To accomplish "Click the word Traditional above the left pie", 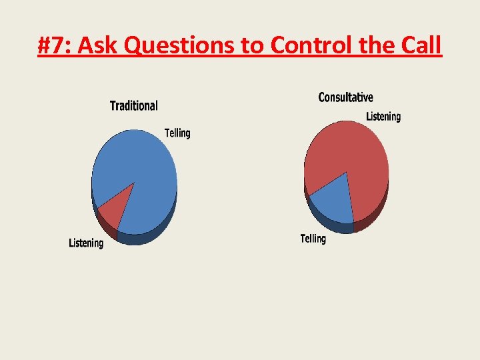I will click(x=133, y=105).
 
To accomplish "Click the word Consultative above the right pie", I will click(x=345, y=97).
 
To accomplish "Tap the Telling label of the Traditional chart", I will click(x=177, y=133).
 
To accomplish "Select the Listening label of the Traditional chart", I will click(x=86, y=243).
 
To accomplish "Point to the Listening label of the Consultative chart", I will click(x=383, y=117).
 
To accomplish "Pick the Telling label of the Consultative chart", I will click(x=313, y=238).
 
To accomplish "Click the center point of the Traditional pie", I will click(x=134, y=182).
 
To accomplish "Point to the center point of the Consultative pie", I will click(x=347, y=172).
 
